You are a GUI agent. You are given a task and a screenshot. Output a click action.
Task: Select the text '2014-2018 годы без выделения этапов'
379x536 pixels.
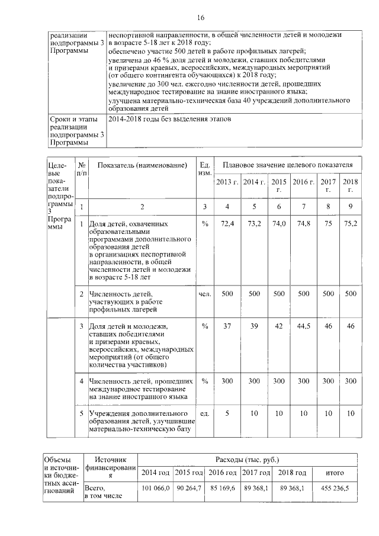coord(169,119)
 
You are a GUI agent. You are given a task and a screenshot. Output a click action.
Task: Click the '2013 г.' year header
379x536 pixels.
coord(226,181)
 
